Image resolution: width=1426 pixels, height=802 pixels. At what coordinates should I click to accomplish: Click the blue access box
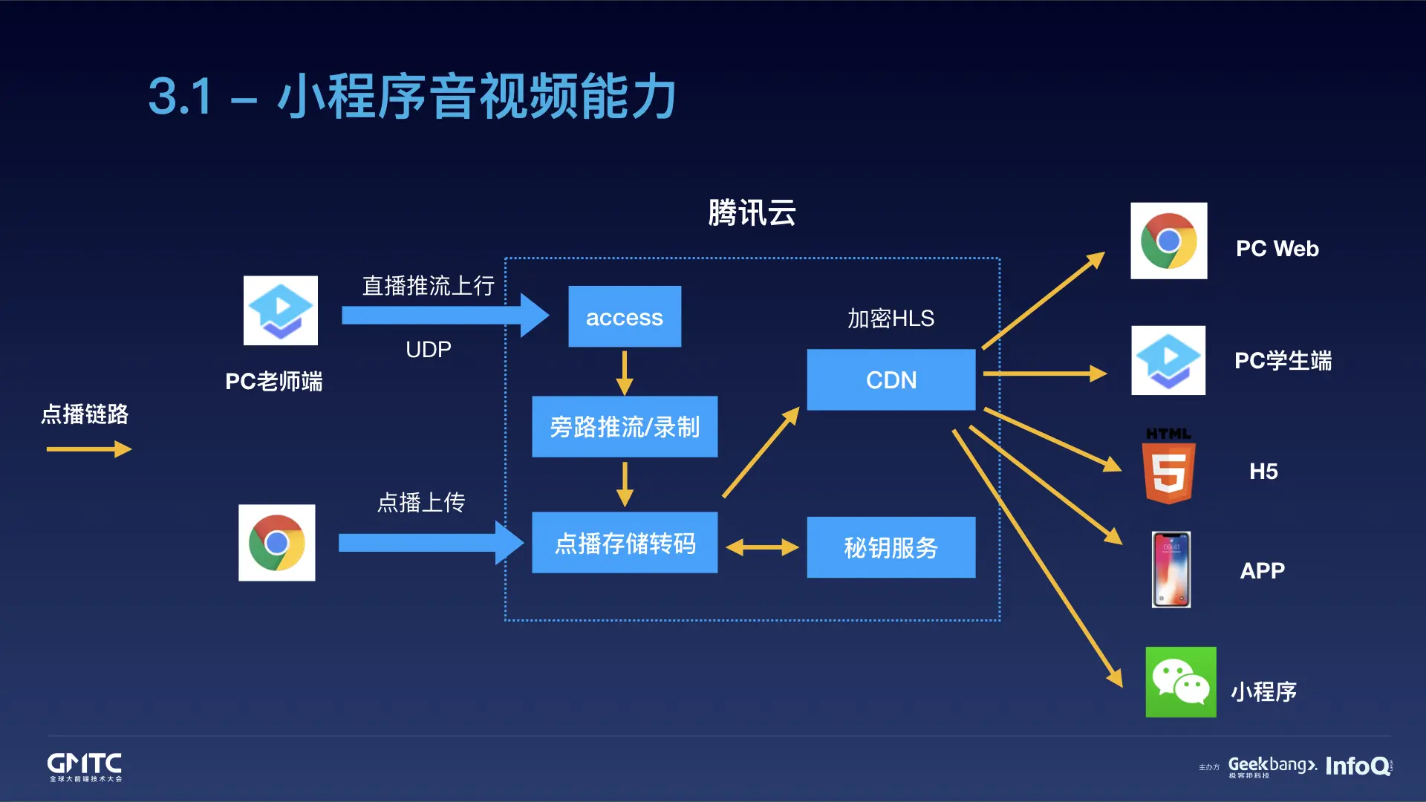(625, 317)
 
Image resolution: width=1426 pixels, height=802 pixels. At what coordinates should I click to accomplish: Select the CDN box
(891, 379)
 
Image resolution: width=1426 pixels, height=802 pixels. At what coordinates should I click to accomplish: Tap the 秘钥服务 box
(891, 547)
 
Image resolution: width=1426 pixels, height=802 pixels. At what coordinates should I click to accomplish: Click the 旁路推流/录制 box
(625, 426)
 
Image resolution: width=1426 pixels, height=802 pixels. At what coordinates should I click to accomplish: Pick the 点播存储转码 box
(625, 543)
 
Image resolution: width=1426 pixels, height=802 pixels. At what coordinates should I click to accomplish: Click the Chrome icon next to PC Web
(1168, 241)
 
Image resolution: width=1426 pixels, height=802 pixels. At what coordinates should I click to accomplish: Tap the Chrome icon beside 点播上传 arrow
(276, 543)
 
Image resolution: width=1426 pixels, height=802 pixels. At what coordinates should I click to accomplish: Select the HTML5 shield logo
(1168, 468)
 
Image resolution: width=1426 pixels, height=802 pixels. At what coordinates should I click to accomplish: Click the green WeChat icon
(1180, 682)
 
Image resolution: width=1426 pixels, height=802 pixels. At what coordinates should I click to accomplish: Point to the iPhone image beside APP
(1171, 570)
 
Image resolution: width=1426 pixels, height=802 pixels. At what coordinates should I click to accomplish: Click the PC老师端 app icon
(281, 310)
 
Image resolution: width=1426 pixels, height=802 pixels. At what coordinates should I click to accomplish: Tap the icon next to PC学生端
(1168, 360)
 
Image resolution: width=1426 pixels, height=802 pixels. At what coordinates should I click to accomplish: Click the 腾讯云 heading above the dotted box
(752, 213)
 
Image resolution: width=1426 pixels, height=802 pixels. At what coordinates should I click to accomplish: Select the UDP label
(429, 350)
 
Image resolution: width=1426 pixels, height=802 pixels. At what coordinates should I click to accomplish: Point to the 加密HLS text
(891, 319)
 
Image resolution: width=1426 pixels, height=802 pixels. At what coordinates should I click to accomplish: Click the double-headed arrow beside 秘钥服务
(762, 548)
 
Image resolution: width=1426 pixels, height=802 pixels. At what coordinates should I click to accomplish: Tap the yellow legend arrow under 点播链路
(88, 449)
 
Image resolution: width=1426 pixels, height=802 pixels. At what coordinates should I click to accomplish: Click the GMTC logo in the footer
(85, 766)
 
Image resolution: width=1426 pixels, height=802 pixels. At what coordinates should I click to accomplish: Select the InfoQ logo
(1358, 766)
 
